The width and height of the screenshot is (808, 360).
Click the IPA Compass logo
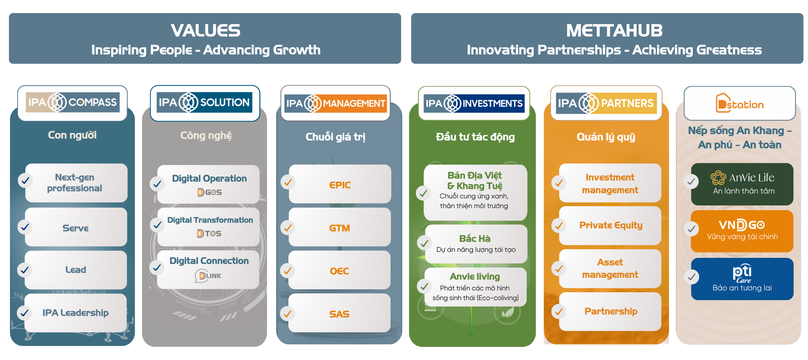[x=73, y=102]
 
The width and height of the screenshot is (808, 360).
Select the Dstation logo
[x=740, y=104]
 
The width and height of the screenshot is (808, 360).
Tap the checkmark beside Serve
[x=25, y=227]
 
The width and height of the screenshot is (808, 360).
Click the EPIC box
[x=340, y=184]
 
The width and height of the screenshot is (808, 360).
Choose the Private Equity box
[x=610, y=225]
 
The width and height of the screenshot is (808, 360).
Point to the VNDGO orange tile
[x=742, y=231]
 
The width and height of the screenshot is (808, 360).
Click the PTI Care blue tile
[x=742, y=279]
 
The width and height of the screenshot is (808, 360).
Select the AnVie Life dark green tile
[x=742, y=184]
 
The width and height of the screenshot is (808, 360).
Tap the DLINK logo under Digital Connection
[x=208, y=276]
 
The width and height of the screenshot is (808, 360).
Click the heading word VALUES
[x=205, y=31]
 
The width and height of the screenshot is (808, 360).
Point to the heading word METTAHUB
[x=614, y=31]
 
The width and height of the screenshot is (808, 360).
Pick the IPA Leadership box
[x=75, y=312]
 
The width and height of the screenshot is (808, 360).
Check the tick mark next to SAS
[x=288, y=314]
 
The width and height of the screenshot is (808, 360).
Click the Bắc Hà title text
[x=475, y=238]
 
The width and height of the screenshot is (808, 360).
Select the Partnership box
[x=610, y=311]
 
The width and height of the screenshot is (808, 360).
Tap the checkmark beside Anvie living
[x=424, y=287]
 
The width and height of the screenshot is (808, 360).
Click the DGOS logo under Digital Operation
[x=209, y=192]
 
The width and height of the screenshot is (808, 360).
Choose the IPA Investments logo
[x=474, y=103]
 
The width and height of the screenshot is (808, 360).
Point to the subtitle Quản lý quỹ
[x=606, y=137]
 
